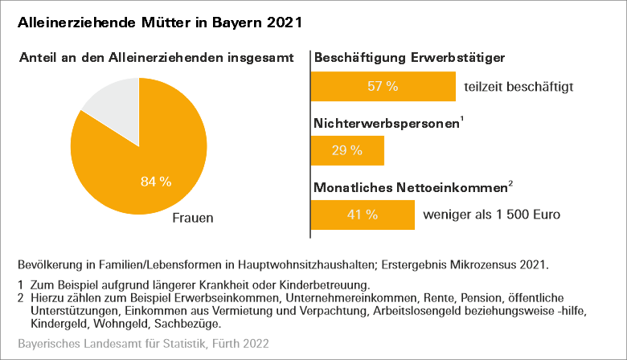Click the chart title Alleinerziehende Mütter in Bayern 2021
click(x=160, y=22)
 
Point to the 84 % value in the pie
click(x=156, y=182)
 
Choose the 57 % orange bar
click(x=383, y=87)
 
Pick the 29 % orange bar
click(x=347, y=150)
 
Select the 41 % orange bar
click(x=362, y=215)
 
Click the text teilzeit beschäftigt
click(x=518, y=87)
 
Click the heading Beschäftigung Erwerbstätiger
click(x=409, y=58)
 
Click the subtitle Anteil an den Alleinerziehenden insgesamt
click(x=162, y=58)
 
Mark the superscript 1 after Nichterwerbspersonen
click(x=461, y=121)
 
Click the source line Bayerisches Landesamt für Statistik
click(x=143, y=343)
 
